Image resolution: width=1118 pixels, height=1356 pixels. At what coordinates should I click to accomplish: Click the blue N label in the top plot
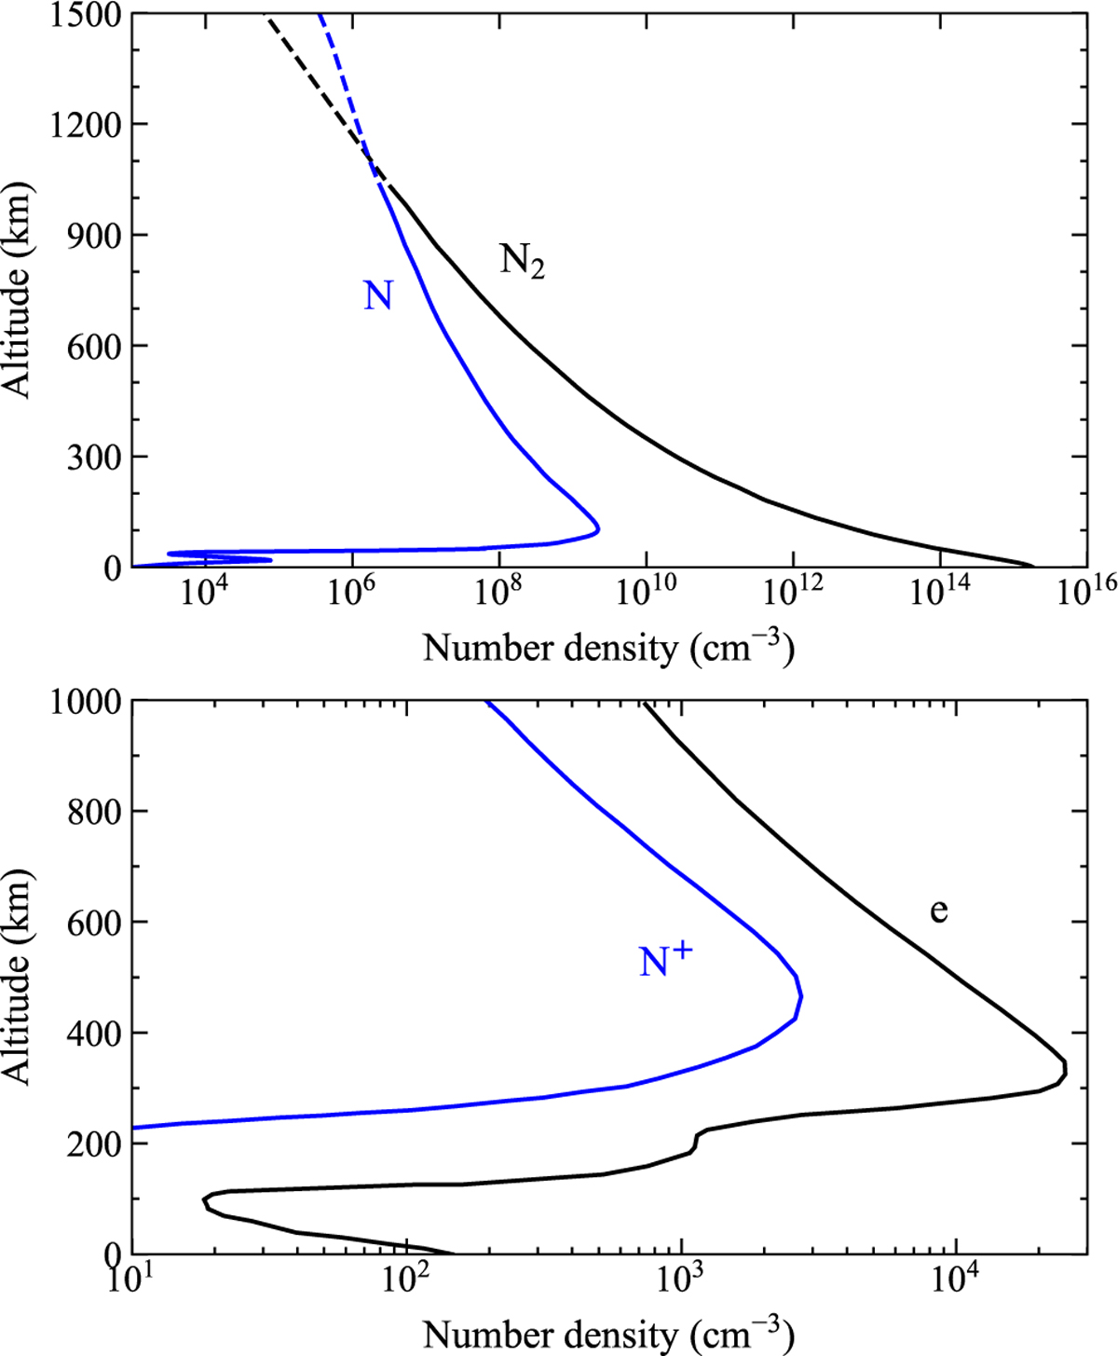pos(377,296)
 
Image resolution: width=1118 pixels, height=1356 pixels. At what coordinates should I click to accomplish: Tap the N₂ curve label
pos(522,261)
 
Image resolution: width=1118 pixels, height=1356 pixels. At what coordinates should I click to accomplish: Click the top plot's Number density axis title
pos(608,648)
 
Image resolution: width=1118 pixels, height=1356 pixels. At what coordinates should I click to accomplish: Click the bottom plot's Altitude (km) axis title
pos(17,976)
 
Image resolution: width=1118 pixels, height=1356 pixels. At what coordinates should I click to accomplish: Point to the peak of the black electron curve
pos(1065,1067)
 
